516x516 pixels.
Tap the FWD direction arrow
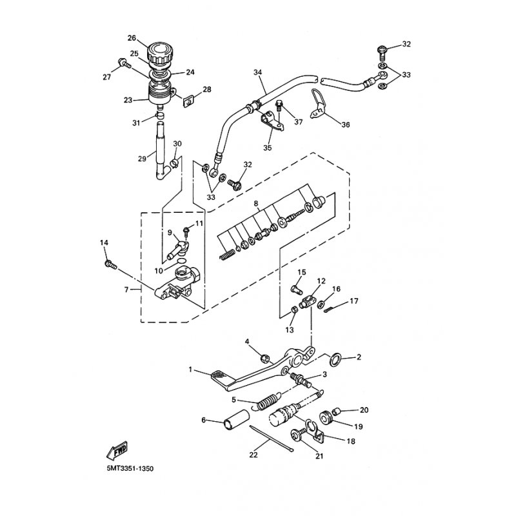pyautogui.click(x=117, y=450)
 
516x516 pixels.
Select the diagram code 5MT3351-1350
pyautogui.click(x=130, y=468)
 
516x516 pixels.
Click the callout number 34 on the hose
pyautogui.click(x=257, y=72)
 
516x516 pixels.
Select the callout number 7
pyautogui.click(x=126, y=290)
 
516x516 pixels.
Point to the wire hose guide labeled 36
pyautogui.click(x=317, y=103)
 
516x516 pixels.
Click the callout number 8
pyautogui.click(x=256, y=204)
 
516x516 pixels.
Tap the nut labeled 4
pyautogui.click(x=264, y=358)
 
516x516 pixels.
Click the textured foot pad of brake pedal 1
pyautogui.click(x=220, y=376)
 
